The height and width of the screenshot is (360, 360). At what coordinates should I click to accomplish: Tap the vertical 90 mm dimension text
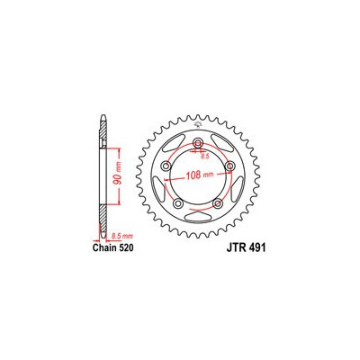tap(119, 177)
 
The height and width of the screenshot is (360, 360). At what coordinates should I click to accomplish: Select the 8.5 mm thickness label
tap(121, 237)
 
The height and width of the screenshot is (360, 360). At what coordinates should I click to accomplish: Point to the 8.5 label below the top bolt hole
tap(204, 157)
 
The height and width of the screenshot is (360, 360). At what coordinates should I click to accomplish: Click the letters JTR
tap(235, 248)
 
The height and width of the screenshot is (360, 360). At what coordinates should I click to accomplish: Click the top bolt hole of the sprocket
tap(198, 142)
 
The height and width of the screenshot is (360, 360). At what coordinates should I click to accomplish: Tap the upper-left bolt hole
tap(166, 166)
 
